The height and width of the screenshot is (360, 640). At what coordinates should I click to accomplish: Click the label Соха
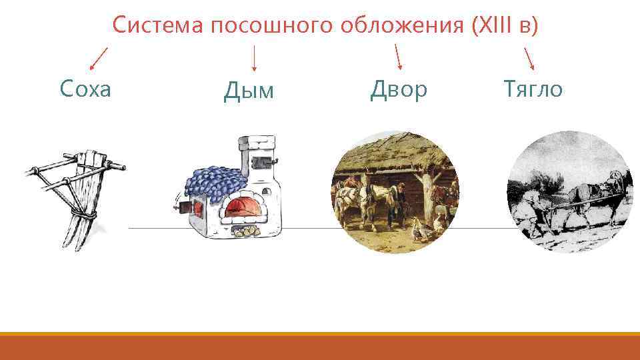click(x=85, y=88)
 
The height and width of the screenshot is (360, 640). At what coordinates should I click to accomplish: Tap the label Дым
click(x=249, y=91)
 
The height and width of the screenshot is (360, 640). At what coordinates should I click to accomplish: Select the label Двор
click(x=398, y=89)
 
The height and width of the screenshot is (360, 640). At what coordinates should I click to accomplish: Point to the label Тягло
click(x=533, y=88)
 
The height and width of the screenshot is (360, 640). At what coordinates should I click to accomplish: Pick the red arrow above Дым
click(x=254, y=58)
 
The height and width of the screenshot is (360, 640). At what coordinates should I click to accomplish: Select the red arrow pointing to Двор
click(x=398, y=57)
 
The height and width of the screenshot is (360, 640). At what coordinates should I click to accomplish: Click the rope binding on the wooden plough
click(x=86, y=215)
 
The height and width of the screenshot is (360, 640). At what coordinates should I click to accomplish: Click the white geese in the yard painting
click(x=420, y=228)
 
